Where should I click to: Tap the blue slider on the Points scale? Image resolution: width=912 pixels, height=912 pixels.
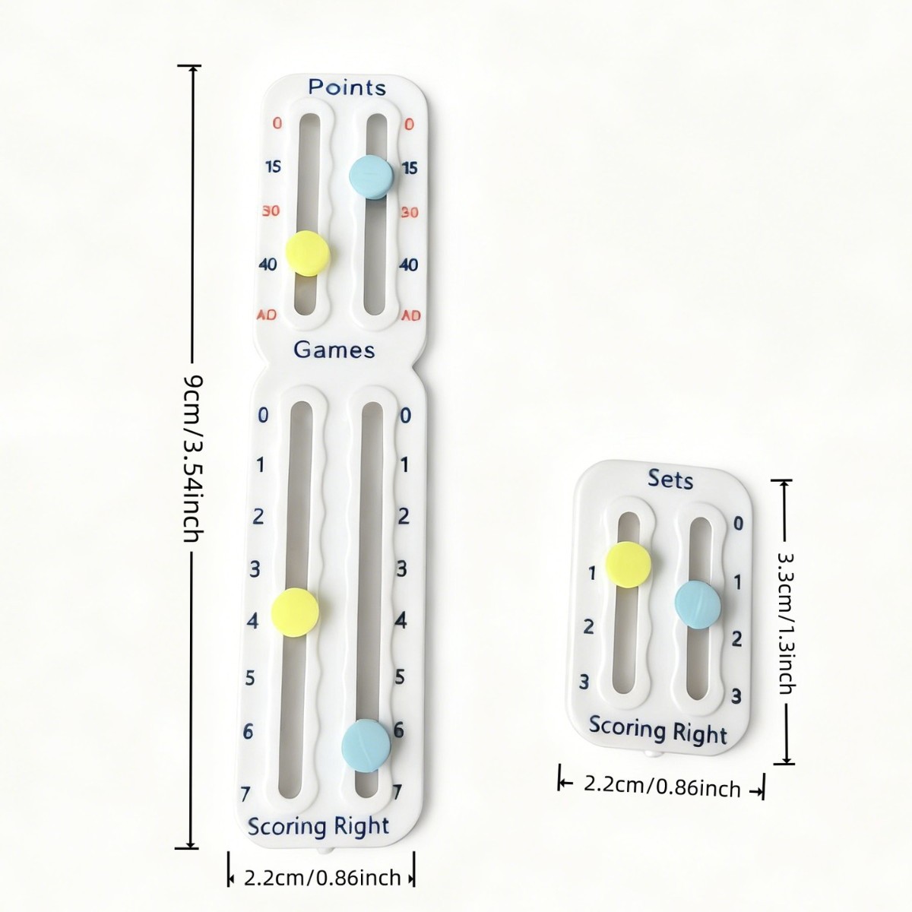(x=371, y=176)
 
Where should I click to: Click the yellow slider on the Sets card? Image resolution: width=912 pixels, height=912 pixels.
(x=629, y=565)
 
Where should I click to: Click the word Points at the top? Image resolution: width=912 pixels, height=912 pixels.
(x=347, y=87)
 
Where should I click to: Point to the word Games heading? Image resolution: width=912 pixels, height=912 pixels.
(x=334, y=350)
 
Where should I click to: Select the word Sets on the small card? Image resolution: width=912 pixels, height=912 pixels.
(x=670, y=480)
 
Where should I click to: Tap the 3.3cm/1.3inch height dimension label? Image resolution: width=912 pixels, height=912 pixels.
(x=786, y=622)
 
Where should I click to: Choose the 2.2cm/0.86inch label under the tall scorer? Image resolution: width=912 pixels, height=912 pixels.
(x=322, y=878)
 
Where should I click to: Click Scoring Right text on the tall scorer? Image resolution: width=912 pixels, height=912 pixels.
(x=318, y=826)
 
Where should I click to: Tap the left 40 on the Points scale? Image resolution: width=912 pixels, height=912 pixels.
(x=268, y=265)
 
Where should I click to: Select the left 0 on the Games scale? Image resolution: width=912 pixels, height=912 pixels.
(x=263, y=415)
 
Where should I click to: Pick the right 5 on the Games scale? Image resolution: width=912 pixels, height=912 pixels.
(x=400, y=676)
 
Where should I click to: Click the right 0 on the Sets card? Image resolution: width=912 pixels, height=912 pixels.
(x=737, y=523)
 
